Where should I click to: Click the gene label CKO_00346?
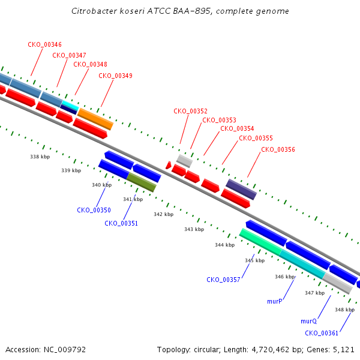(45, 44)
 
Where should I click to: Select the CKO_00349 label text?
(115, 76)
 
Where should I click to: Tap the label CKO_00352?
(190, 111)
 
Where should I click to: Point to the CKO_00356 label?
(278, 149)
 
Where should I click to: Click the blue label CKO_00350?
(94, 210)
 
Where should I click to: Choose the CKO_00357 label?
(223, 280)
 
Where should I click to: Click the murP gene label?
(275, 301)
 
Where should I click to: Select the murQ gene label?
(308, 321)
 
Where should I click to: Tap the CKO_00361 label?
(322, 333)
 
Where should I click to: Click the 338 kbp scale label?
(40, 157)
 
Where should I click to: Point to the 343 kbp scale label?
(194, 229)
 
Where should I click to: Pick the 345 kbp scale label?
(255, 260)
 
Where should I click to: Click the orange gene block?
(95, 119)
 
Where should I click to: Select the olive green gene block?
(142, 182)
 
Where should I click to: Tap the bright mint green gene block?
(261, 242)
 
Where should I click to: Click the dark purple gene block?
(241, 190)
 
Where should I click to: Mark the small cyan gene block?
(70, 105)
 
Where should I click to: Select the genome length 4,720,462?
(271, 350)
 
